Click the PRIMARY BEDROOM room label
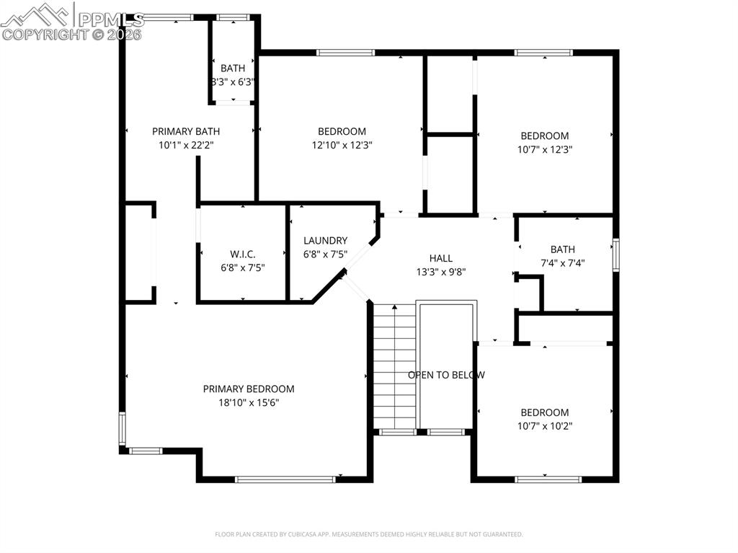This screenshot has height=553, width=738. tap(248, 389)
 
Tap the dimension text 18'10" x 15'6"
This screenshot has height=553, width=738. tap(248, 402)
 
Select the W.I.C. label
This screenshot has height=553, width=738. tap(243, 254)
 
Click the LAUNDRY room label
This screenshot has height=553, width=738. tap(325, 240)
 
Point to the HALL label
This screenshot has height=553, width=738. tap(440, 258)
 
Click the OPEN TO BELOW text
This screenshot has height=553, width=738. tap(446, 375)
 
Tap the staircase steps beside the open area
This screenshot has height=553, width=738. tap(394, 368)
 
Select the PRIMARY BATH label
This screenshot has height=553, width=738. tap(186, 131)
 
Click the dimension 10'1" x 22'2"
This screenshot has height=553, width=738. tap(186, 145)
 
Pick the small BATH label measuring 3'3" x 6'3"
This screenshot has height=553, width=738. tap(232, 68)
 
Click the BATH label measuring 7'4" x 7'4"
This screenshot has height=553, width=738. tap(563, 249)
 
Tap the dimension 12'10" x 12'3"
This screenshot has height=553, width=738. tap(342, 145)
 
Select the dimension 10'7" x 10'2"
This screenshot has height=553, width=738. tap(544, 425)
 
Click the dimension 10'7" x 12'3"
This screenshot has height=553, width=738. tap(544, 149)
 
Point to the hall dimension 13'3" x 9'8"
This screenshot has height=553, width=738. tap(440, 272)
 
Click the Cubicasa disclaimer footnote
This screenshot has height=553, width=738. tap(368, 534)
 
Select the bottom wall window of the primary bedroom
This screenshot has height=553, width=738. tap(285, 479)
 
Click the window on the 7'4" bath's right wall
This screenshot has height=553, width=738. tap(615, 255)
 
